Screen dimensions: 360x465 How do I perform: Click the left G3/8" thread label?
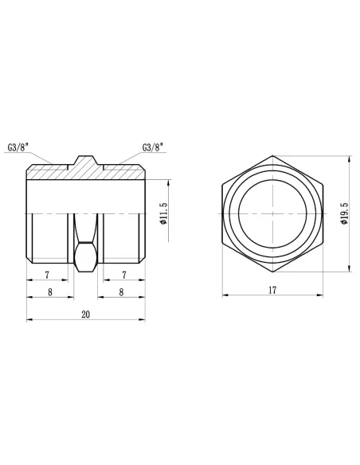[x=18, y=147]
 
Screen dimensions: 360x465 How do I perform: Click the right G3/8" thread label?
[x=153, y=147]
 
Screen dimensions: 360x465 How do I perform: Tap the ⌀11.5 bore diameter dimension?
[x=163, y=213]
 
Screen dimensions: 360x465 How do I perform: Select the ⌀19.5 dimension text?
[x=344, y=213]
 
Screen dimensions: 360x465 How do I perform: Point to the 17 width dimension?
[x=272, y=290]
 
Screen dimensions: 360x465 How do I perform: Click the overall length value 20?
[x=86, y=315]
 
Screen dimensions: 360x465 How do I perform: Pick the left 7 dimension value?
[x=47, y=275]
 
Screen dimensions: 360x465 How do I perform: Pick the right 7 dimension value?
[x=124, y=275]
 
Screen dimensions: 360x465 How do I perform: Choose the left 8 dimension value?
[x=50, y=292]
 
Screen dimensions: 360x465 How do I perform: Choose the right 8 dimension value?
[x=121, y=292]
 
